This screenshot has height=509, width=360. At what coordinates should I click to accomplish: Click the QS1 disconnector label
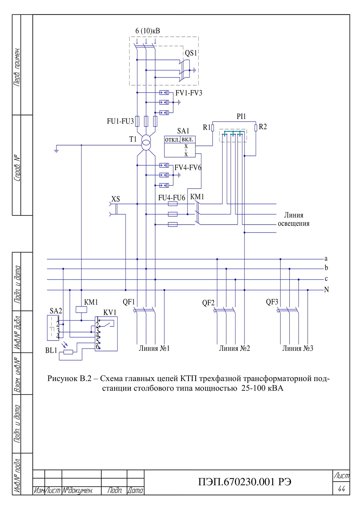pos(191,53)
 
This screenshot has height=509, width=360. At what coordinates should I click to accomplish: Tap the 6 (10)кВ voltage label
pos(148,31)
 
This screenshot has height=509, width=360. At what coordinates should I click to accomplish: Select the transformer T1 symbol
pos(146,143)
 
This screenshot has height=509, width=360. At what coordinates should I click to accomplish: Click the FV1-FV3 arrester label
pos(189,93)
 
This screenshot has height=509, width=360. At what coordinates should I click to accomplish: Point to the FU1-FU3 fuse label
pos(120,121)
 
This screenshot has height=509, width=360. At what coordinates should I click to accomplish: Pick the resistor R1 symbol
pos(213,128)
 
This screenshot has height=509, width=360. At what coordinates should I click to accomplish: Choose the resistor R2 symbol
pos(256,128)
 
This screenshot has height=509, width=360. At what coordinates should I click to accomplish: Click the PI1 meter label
pos(241,116)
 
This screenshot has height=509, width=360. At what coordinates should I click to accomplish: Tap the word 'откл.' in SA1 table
pos(172,140)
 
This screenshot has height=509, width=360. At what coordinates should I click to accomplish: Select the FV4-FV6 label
pos(188,168)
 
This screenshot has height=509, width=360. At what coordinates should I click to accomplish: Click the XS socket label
pos(115,199)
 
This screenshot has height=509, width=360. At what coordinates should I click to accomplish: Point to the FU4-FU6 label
pos(171,198)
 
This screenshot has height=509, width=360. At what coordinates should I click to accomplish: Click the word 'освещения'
pos(294,224)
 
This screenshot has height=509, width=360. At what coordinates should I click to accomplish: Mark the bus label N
pos(326,290)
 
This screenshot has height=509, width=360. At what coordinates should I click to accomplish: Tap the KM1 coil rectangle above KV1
pos(81,309)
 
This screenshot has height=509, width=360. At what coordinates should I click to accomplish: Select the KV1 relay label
pos(110,313)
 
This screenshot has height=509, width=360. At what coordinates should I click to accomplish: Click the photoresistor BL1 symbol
pos(68,352)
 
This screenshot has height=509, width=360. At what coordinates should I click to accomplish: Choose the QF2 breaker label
pos(208,303)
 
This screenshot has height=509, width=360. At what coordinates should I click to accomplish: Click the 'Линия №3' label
pos(298,348)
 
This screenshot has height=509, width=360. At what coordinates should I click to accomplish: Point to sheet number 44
pos(341,488)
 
